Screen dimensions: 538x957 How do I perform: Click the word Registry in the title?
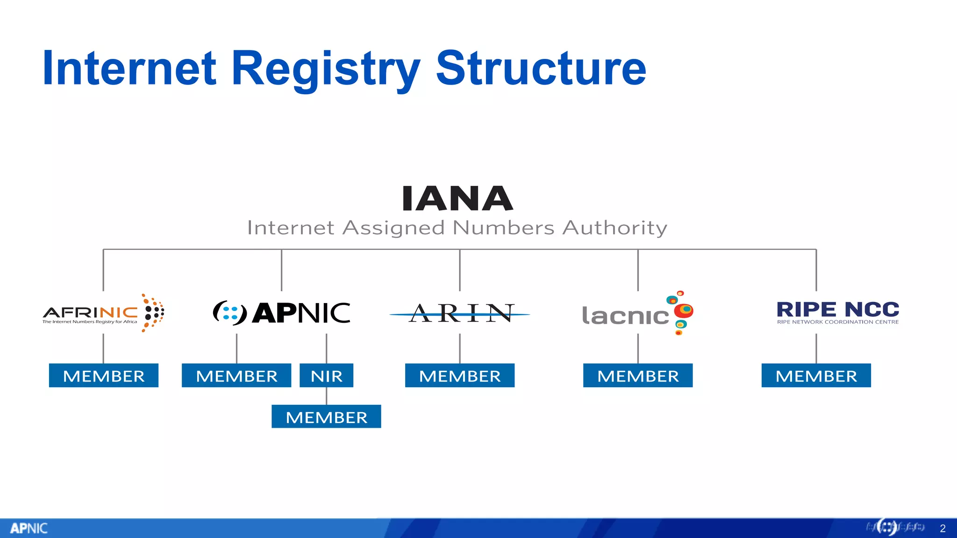point(326,69)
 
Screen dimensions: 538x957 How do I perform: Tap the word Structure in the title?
point(541,69)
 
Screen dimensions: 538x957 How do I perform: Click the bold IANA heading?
point(457,198)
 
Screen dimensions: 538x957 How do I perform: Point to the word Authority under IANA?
point(614,228)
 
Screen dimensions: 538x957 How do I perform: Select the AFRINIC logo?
point(103,313)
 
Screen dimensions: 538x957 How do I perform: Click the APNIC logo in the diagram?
point(281,313)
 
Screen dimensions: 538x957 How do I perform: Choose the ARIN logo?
point(460,313)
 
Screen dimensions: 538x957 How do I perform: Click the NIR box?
point(327,375)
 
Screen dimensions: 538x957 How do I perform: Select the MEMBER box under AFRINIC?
point(104,375)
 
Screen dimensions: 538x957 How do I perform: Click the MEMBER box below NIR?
point(326,417)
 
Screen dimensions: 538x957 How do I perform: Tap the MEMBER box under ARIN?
point(460,375)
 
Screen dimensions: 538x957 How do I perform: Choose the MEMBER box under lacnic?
point(638,375)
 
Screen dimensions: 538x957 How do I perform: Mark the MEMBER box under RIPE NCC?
point(816,375)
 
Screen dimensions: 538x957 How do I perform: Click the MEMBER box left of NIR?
point(236,375)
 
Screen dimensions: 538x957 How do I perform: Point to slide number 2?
point(943,528)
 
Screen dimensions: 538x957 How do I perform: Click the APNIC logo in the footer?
point(29,528)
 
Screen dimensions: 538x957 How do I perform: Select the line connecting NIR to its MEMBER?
point(327,396)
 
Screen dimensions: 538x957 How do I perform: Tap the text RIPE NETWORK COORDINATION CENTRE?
point(837,322)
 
